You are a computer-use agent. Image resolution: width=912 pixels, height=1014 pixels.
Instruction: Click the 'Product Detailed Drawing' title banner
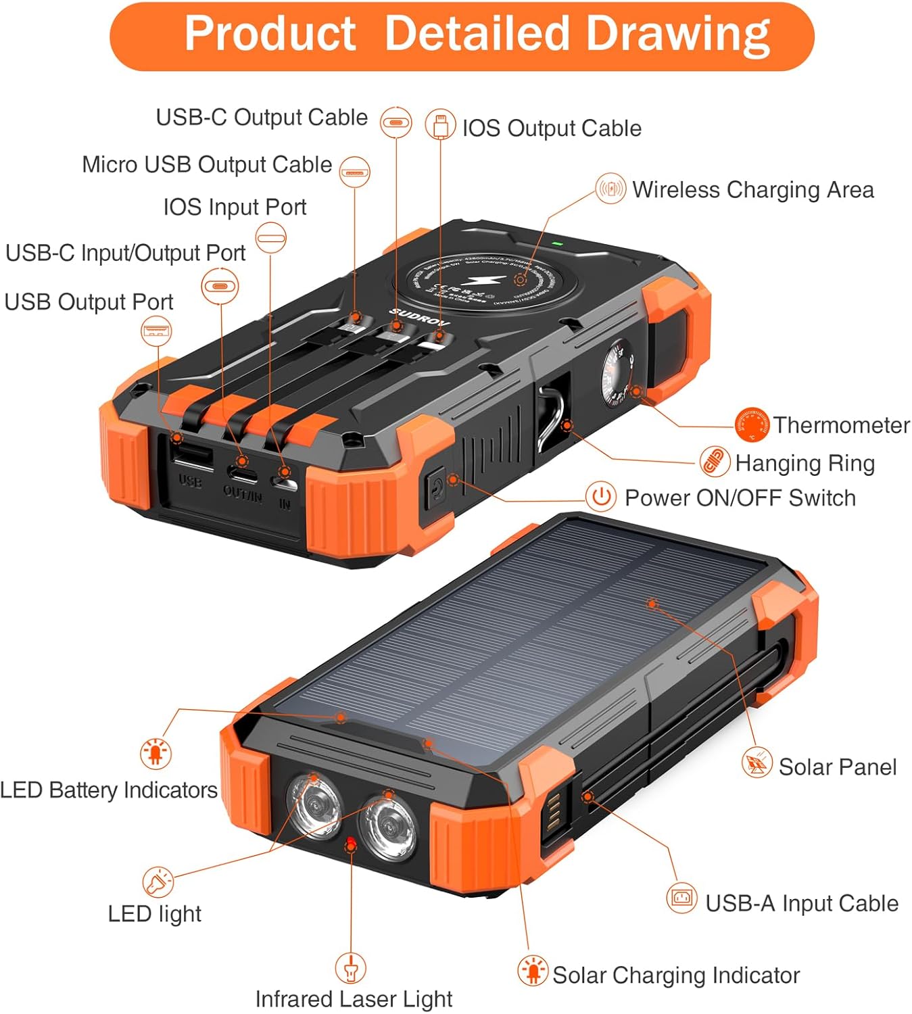pyautogui.click(x=462, y=35)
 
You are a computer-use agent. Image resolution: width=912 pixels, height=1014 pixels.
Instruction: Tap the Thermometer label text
pyautogui.click(x=841, y=425)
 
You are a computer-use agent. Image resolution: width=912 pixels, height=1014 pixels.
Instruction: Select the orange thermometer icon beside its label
pyautogui.click(x=752, y=425)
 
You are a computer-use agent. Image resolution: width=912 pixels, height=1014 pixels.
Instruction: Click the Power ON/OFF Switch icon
pyautogui.click(x=600, y=497)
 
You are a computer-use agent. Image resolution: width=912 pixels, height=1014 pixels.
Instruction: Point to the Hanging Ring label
pyautogui.click(x=805, y=463)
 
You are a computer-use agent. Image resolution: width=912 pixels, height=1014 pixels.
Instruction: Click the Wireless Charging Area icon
pyautogui.click(x=610, y=189)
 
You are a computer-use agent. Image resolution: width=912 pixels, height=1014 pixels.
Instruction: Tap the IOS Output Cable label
pyautogui.click(x=552, y=128)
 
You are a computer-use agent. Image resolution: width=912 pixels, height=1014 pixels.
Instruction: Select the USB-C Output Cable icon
pyautogui.click(x=395, y=122)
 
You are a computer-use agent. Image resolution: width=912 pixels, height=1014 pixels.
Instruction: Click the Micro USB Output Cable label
pyautogui.click(x=207, y=164)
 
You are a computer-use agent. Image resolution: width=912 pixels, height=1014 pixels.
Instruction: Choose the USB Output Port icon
pyautogui.click(x=156, y=331)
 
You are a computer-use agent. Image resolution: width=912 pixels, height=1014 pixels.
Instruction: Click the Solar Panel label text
pyautogui.click(x=837, y=767)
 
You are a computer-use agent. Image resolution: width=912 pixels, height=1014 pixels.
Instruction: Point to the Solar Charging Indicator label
pyautogui.click(x=675, y=975)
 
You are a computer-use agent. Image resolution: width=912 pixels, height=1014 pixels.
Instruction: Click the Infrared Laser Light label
pyautogui.click(x=354, y=998)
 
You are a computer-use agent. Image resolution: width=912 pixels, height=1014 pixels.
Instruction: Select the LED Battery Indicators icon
pyautogui.click(x=155, y=752)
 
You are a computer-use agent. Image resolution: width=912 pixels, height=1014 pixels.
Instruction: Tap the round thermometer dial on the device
pyautogui.click(x=617, y=375)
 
